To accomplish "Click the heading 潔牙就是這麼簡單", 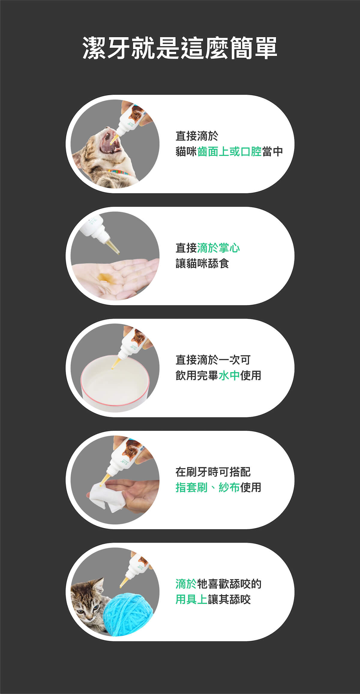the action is [180, 48].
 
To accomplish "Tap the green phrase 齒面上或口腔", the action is [229, 151].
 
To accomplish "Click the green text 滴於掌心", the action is [218, 248].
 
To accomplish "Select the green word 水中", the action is [229, 375].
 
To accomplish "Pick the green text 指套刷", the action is [192, 487].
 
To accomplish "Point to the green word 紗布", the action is [229, 487].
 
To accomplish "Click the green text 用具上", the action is [192, 599].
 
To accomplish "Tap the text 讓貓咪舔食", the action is [202, 263].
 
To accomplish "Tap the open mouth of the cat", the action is [110, 142].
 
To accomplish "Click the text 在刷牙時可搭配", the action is [213, 472].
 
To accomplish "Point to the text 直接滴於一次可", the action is [213, 360].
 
